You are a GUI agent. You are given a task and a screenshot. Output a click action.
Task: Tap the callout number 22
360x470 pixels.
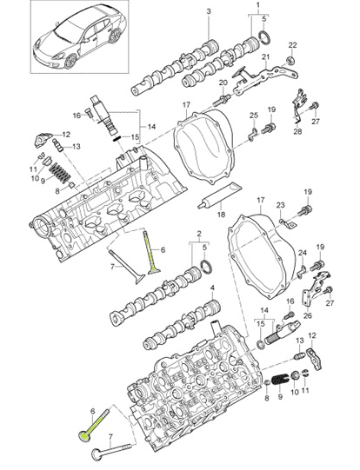pyautogui.click(x=292, y=44)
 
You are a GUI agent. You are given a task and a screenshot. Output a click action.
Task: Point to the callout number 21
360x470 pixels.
pyautogui.click(x=267, y=58)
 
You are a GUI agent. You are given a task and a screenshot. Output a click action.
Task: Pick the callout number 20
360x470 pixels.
pyautogui.click(x=223, y=83)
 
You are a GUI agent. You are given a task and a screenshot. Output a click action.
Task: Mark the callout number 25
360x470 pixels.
pyautogui.click(x=254, y=116)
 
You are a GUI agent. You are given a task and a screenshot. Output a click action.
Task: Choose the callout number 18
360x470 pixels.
pyautogui.click(x=221, y=212)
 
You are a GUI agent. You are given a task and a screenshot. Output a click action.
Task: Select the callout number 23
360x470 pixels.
pyautogui.click(x=281, y=205)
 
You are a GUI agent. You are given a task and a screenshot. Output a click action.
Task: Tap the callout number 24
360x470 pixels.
pyautogui.click(x=302, y=253)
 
